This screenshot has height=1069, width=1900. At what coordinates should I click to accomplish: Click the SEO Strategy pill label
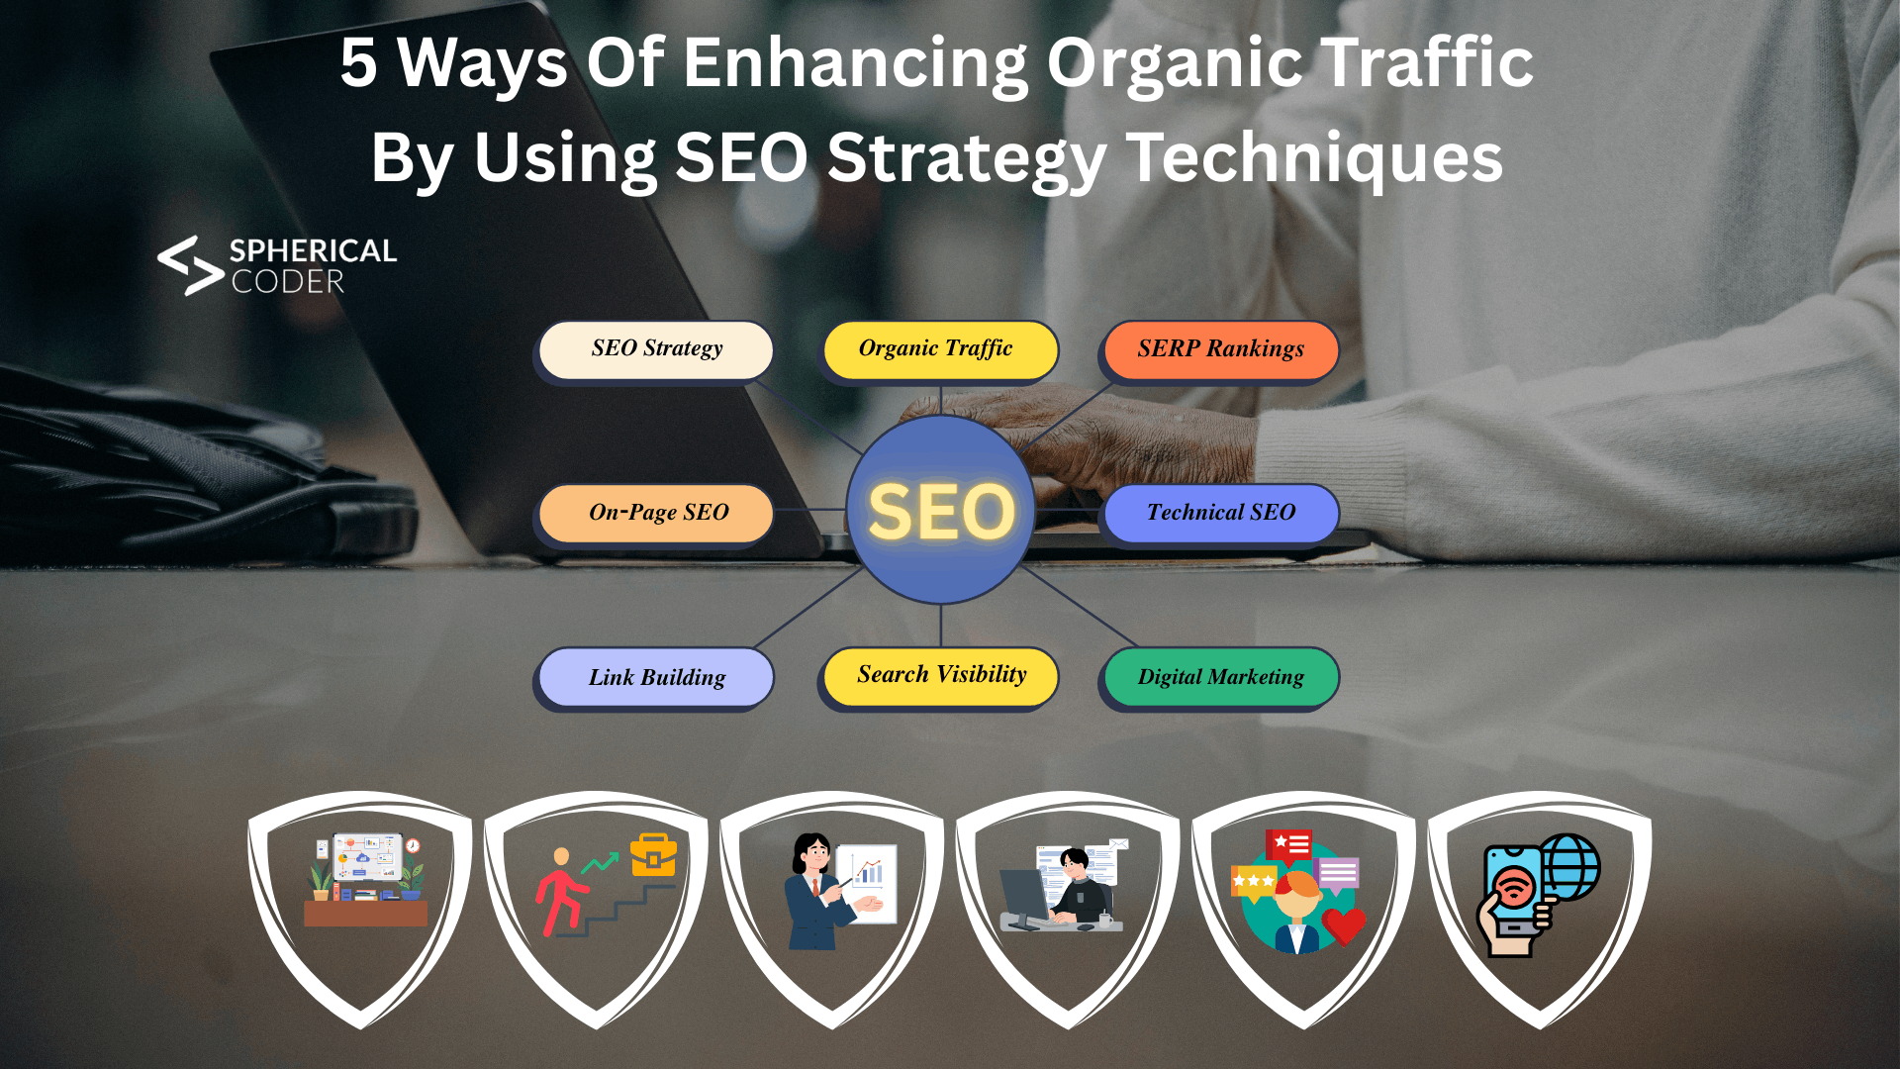[x=656, y=349]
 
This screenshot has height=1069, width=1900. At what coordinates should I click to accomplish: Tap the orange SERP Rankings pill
[x=1220, y=349]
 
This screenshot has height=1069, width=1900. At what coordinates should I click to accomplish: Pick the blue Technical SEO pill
[x=1220, y=513]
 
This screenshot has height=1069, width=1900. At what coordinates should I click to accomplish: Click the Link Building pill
[x=656, y=677]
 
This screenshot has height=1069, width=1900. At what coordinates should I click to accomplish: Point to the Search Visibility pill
[x=940, y=676]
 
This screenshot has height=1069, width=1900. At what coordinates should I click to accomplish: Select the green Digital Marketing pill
[x=1220, y=677]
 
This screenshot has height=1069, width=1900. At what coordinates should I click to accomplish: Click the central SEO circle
[x=940, y=510]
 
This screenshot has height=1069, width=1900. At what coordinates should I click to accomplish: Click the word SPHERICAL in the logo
[x=313, y=250]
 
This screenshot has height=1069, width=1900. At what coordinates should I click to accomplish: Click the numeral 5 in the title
[x=358, y=63]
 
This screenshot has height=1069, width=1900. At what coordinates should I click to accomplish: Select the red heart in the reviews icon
[x=1343, y=925]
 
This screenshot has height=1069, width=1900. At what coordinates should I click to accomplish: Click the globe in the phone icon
[x=1568, y=866]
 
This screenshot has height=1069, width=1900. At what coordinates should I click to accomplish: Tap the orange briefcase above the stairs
[x=653, y=855]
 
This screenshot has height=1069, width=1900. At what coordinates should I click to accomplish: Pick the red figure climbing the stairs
[x=560, y=891]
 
